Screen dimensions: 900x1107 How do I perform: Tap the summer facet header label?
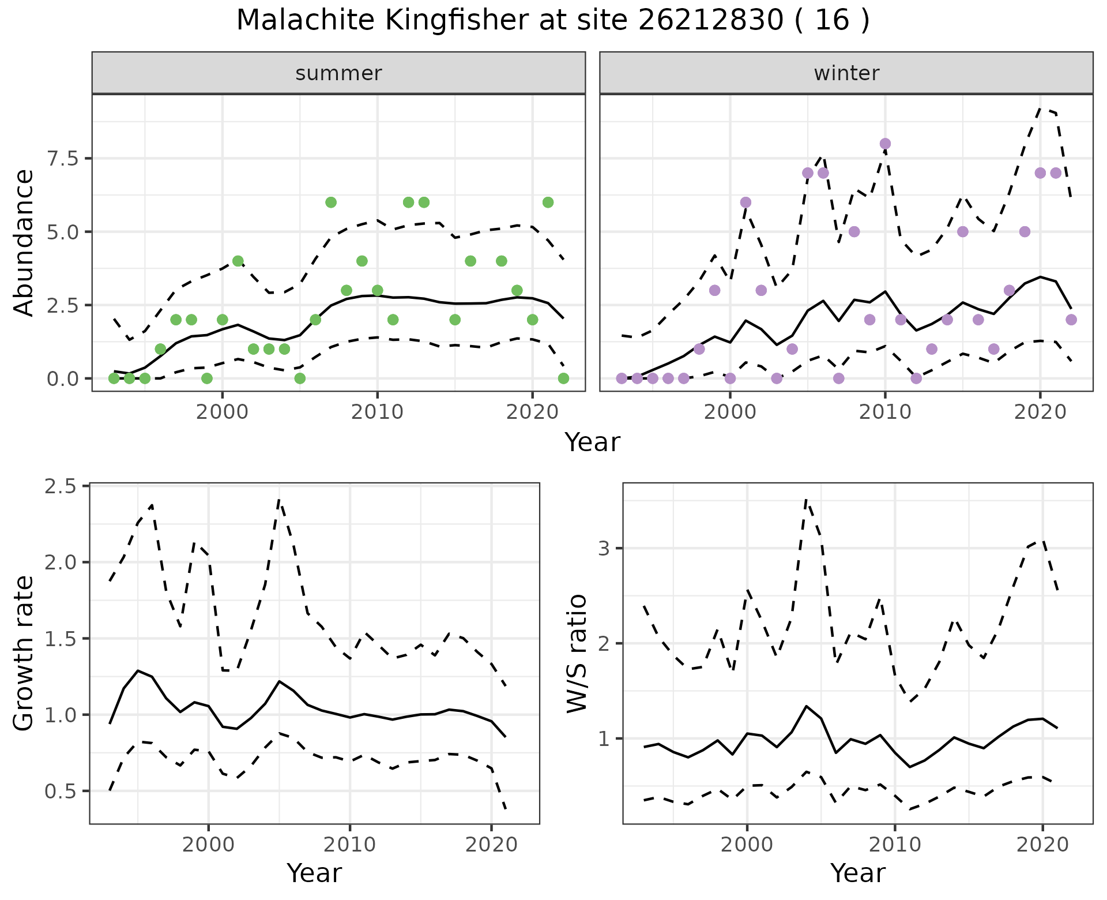tap(338, 73)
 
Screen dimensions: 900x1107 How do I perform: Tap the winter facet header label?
tap(846, 73)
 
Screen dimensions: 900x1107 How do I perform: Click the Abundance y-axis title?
tap(24, 242)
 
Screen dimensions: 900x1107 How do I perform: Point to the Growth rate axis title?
tap(24, 653)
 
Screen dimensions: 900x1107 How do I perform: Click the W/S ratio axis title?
tap(577, 653)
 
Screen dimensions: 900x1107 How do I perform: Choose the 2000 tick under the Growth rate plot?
tap(208, 845)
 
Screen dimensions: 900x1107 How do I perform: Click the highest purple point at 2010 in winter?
tap(885, 144)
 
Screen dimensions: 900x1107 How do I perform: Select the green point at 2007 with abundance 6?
tap(331, 202)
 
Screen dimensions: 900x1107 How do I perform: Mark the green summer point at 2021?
tap(548, 202)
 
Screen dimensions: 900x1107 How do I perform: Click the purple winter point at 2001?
tap(745, 202)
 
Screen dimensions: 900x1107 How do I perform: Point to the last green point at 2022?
tap(563, 378)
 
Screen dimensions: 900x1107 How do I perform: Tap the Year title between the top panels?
tap(592, 442)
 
